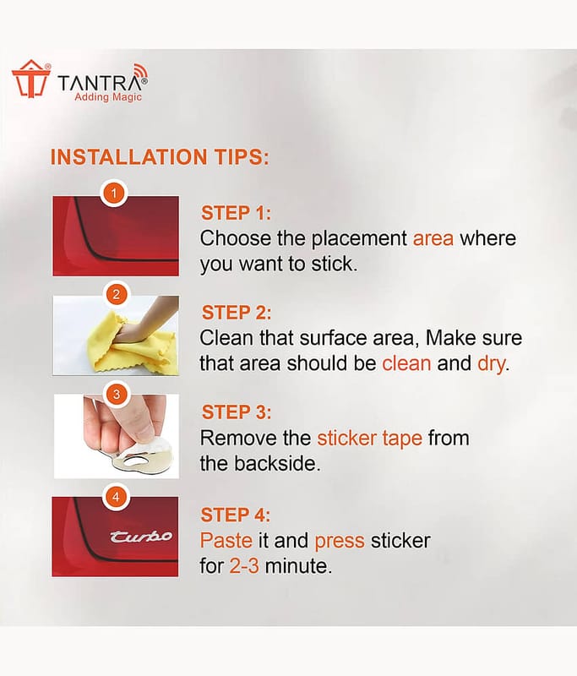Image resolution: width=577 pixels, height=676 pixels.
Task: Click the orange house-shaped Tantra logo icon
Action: point(30,79)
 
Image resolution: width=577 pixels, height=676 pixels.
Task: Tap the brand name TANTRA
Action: point(101,83)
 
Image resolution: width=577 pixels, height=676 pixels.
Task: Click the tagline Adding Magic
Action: point(108,97)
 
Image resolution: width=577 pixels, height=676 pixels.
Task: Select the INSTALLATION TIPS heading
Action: point(160,157)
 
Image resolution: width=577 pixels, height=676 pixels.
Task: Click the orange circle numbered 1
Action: point(114,194)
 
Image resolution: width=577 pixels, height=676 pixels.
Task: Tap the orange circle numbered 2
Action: point(116,295)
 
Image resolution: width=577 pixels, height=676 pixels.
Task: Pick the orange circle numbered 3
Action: point(116,395)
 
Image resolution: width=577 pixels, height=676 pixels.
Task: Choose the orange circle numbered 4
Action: point(116,497)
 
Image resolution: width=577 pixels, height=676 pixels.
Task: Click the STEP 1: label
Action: point(237,213)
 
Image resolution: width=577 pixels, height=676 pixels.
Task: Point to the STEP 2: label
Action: point(237,313)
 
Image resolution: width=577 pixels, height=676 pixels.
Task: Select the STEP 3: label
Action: point(237,412)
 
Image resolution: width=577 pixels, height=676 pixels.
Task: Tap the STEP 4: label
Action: point(236,515)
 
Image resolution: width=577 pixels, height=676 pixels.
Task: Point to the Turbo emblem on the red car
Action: point(140,537)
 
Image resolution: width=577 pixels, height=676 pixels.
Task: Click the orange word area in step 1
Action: point(433,239)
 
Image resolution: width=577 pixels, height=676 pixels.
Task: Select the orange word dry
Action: point(491,364)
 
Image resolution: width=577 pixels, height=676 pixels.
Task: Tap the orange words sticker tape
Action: point(370,439)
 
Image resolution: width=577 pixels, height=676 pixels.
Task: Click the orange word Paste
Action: point(226,541)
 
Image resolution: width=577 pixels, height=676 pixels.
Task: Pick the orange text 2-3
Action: point(244,566)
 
